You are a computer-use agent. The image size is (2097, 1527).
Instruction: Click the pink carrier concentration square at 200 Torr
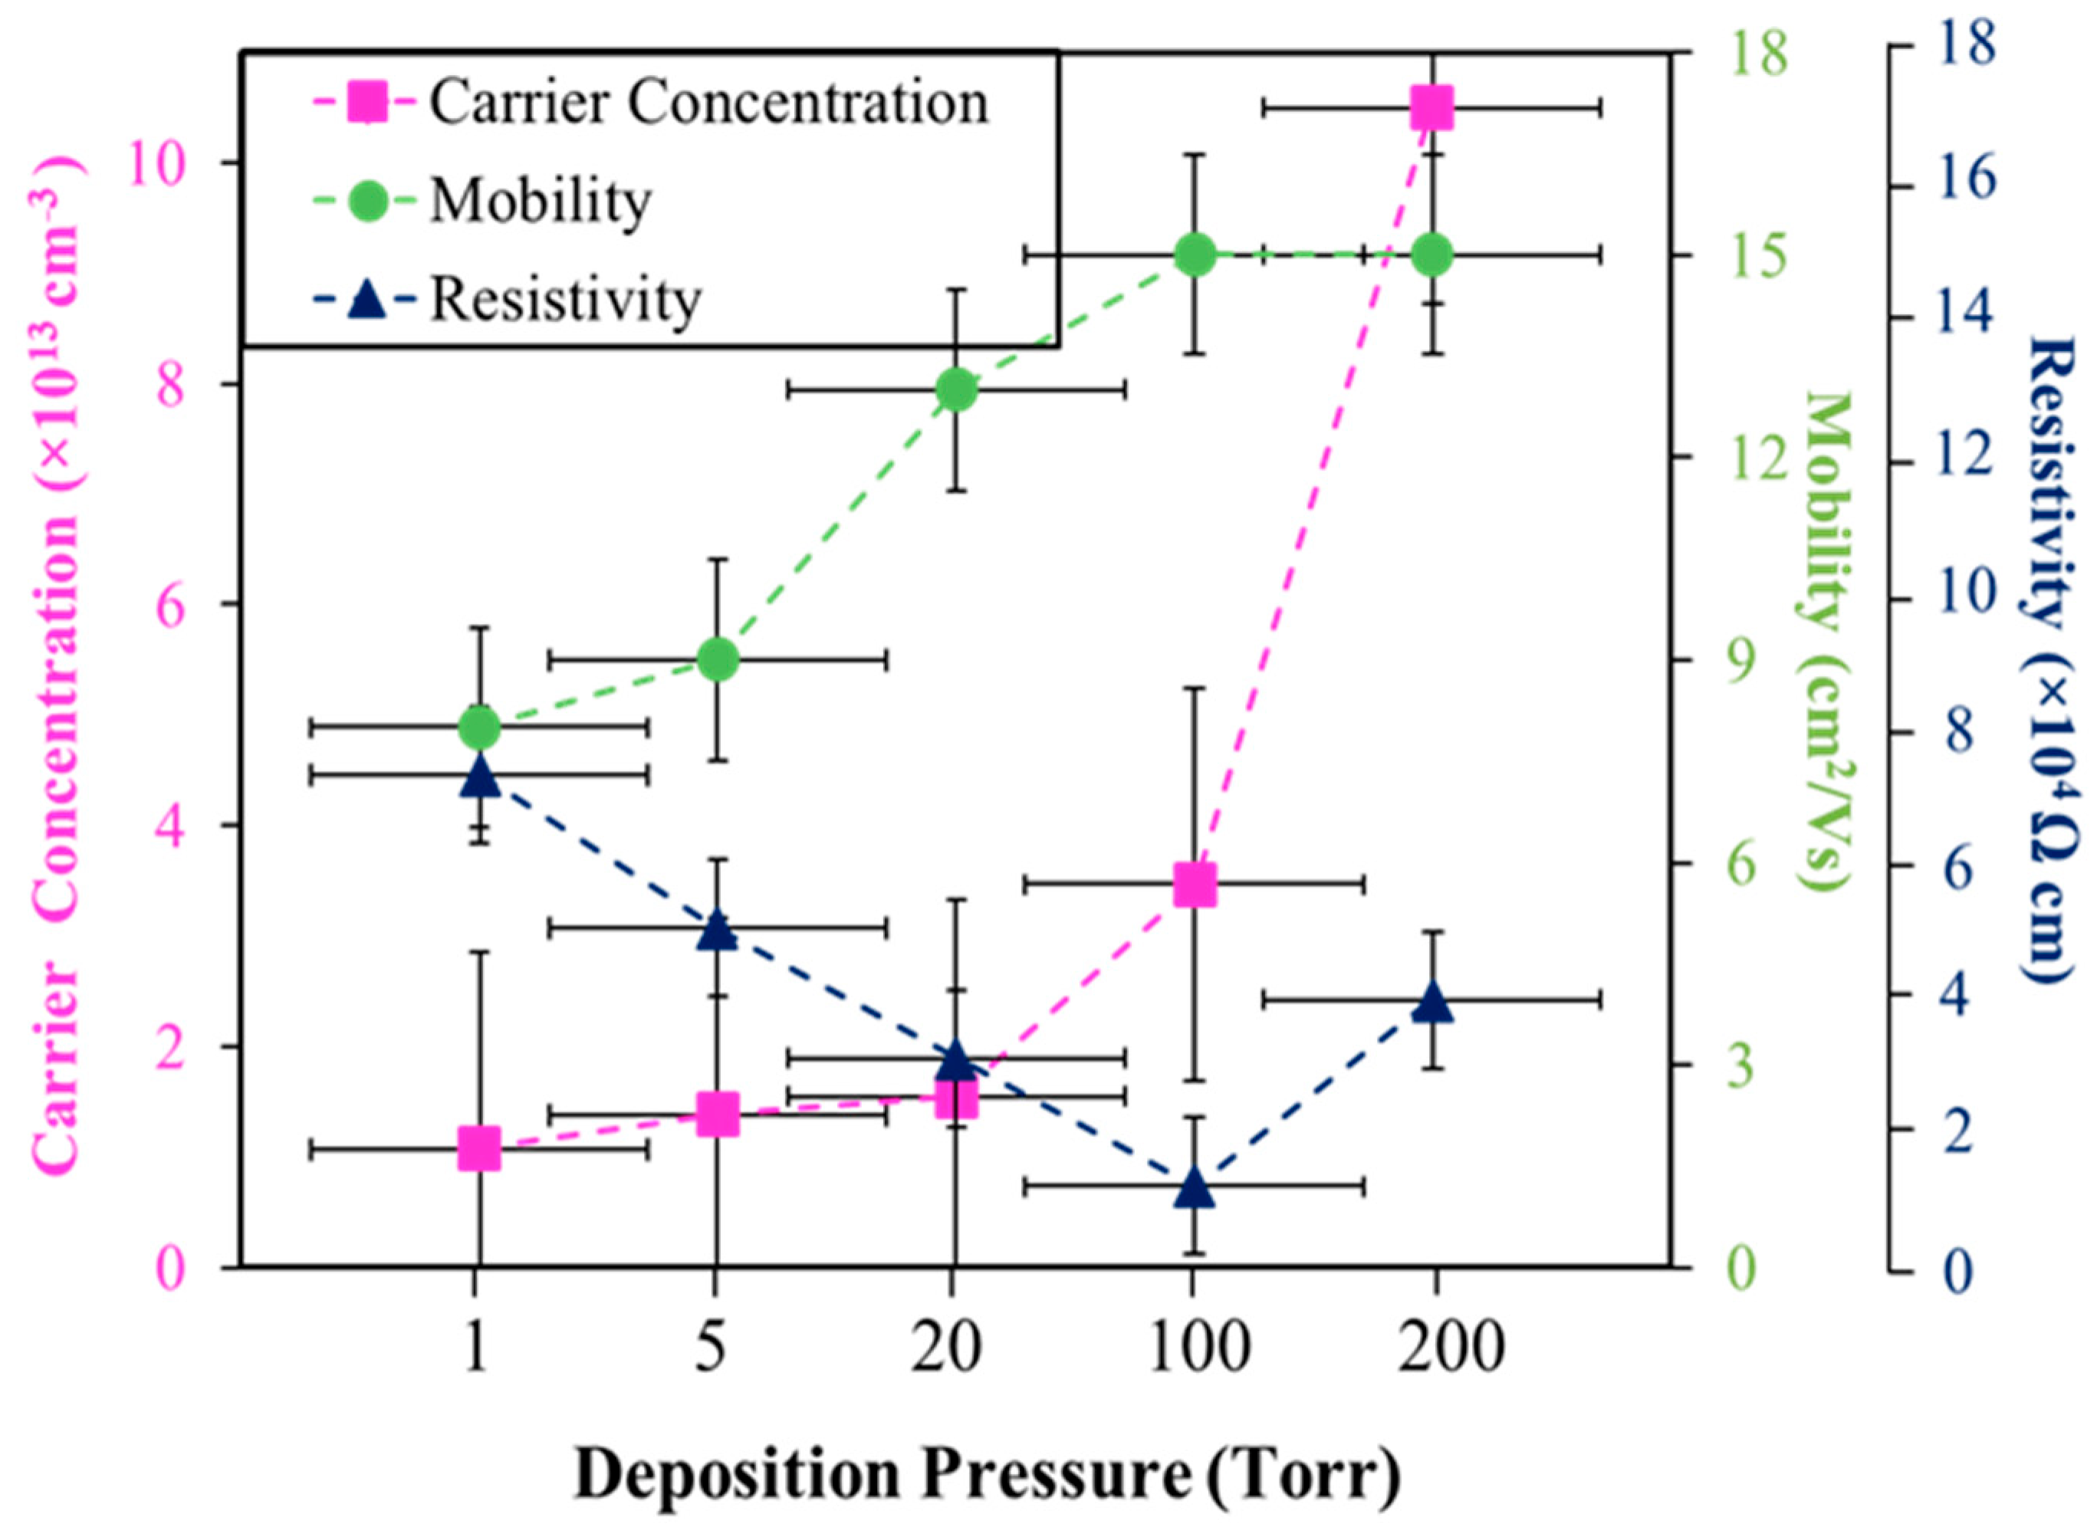pyautogui.click(x=1432, y=108)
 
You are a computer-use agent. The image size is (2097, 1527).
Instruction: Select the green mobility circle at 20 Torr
pyautogui.click(x=955, y=389)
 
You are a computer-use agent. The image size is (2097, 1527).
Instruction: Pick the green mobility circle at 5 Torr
pyautogui.click(x=717, y=659)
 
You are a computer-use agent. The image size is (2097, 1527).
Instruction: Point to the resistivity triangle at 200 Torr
pyautogui.click(x=1432, y=1003)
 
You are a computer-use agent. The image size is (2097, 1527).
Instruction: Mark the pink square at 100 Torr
pyautogui.click(x=1194, y=885)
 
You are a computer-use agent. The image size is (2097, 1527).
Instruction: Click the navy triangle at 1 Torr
pyautogui.click(x=479, y=777)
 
